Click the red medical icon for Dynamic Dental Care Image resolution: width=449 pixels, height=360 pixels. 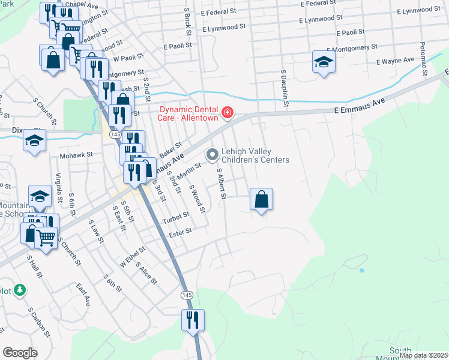click(x=228, y=112)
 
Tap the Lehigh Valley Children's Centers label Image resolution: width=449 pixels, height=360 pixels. click(x=255, y=155)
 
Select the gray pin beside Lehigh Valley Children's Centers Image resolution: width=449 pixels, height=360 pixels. click(x=212, y=155)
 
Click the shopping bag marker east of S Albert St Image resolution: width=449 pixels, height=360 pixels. click(x=261, y=200)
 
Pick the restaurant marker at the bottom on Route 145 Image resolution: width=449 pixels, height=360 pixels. click(x=193, y=320)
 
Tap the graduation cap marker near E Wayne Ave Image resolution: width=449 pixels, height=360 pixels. click(x=324, y=62)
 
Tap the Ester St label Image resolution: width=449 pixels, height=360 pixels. click(x=180, y=232)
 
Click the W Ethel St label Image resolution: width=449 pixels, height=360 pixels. click(x=133, y=256)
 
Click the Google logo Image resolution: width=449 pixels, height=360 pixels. click(x=20, y=353)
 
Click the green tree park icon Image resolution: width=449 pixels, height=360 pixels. click(x=20, y=290)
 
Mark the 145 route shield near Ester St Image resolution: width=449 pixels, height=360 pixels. click(x=187, y=295)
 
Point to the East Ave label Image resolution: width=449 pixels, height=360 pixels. click(x=83, y=295)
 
